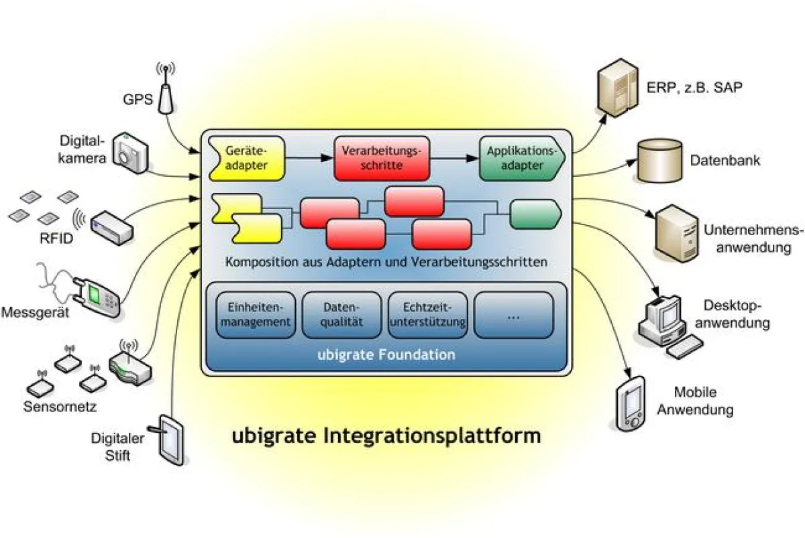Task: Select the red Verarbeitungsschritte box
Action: pyautogui.click(x=381, y=159)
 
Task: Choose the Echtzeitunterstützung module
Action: pyautogui.click(x=427, y=315)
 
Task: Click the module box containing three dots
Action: pyautogui.click(x=514, y=315)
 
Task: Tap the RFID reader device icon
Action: pyautogui.click(x=112, y=226)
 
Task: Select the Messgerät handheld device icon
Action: pyautogui.click(x=97, y=293)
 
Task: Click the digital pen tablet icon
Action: pyautogui.click(x=171, y=439)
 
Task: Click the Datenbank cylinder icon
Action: pyautogui.click(x=660, y=161)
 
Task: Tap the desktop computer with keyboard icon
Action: pyautogui.click(x=667, y=322)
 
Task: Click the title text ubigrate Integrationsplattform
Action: pyautogui.click(x=386, y=435)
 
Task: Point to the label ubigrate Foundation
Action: pyautogui.click(x=386, y=354)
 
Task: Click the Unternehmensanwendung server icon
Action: pyautogui.click(x=674, y=233)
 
